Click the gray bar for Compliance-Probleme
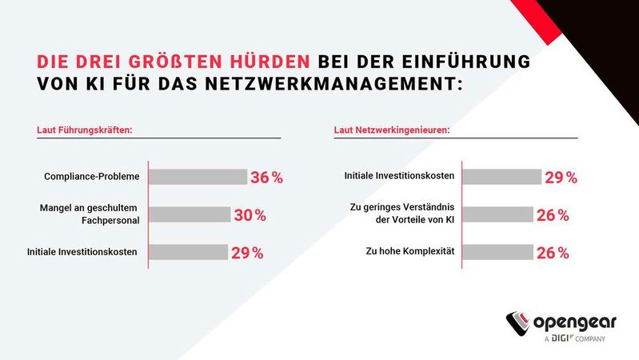point(198,177)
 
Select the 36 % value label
point(266,178)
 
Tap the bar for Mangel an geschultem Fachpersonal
point(190,214)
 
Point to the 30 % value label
point(250,215)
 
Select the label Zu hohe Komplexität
point(409,252)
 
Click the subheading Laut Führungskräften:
point(84,130)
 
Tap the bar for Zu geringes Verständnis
point(497,214)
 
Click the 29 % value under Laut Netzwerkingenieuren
point(561,178)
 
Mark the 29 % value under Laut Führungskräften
point(247,253)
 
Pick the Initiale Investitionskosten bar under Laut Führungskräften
point(189,252)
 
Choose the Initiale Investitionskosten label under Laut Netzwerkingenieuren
point(399,176)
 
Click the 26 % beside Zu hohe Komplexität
point(553,253)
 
